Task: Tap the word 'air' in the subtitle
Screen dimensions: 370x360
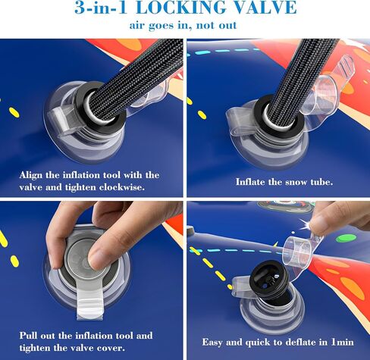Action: [137, 26]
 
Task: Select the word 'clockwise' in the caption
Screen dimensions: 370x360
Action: [122, 187]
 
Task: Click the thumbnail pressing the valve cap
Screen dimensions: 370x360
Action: [97, 260]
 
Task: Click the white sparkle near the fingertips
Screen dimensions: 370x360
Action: [306, 224]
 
